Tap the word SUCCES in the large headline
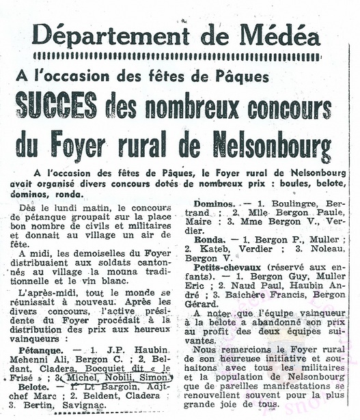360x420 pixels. [56, 107]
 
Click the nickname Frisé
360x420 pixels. [36, 376]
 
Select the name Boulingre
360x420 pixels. [296, 204]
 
